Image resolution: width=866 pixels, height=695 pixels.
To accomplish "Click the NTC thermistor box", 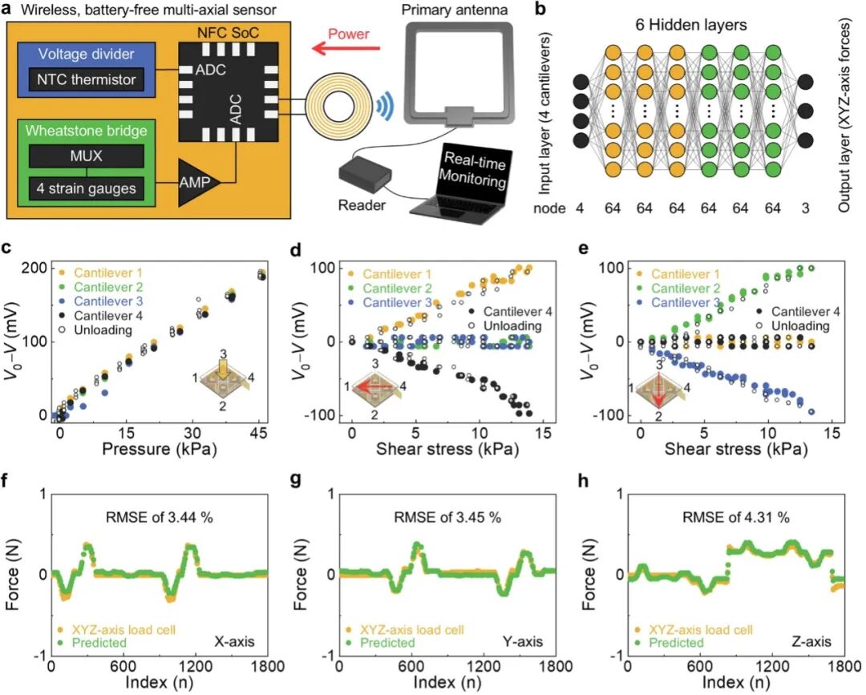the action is click(x=86, y=79).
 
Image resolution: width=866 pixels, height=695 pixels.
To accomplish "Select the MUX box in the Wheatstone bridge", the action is click(x=86, y=156).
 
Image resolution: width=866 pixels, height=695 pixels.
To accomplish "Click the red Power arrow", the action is click(x=346, y=49).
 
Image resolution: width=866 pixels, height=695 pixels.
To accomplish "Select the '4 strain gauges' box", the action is click(x=86, y=188).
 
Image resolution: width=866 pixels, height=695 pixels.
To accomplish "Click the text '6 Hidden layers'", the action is click(x=690, y=25).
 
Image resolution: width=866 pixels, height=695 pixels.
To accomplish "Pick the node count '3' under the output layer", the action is click(x=805, y=208).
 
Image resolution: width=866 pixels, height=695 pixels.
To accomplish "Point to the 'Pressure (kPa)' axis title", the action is click(x=159, y=449).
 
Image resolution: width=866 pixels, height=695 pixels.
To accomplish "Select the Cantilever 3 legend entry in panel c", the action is click(x=100, y=301).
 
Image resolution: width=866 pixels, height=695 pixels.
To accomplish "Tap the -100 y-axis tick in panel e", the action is click(x=609, y=415).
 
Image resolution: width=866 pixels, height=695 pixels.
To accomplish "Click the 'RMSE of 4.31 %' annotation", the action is click(x=736, y=517).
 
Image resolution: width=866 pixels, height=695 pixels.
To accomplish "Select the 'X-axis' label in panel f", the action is click(x=234, y=641).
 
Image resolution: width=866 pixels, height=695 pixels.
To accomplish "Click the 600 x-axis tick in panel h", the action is click(x=700, y=666).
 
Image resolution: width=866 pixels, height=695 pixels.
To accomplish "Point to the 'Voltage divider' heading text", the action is click(x=86, y=54).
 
